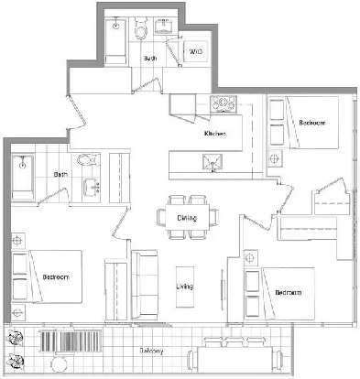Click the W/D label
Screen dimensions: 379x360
(x=195, y=52)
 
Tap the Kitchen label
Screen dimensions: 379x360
(x=215, y=135)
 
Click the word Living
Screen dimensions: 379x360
(x=184, y=287)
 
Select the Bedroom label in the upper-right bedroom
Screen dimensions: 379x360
(x=312, y=123)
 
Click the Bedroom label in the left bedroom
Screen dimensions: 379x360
(x=57, y=276)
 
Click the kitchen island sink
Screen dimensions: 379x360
(x=212, y=164)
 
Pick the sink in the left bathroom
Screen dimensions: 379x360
(x=93, y=188)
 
